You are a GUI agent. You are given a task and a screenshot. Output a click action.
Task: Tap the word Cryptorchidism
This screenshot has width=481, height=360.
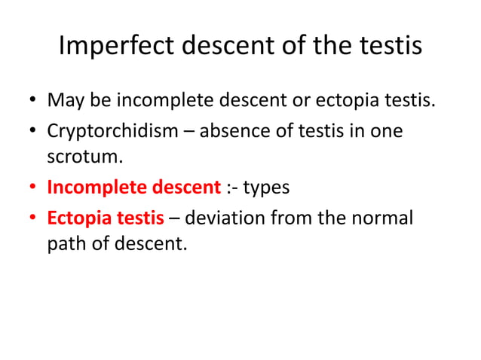coord(108,130)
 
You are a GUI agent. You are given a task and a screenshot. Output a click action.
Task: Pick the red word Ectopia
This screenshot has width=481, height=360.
coord(76,218)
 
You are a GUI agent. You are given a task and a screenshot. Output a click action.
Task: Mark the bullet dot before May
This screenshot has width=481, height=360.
coord(32,100)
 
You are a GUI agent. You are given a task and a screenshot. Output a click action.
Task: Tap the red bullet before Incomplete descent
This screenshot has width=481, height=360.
coord(32,188)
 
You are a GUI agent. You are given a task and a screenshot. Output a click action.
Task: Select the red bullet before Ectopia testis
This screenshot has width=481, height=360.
coord(32,220)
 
